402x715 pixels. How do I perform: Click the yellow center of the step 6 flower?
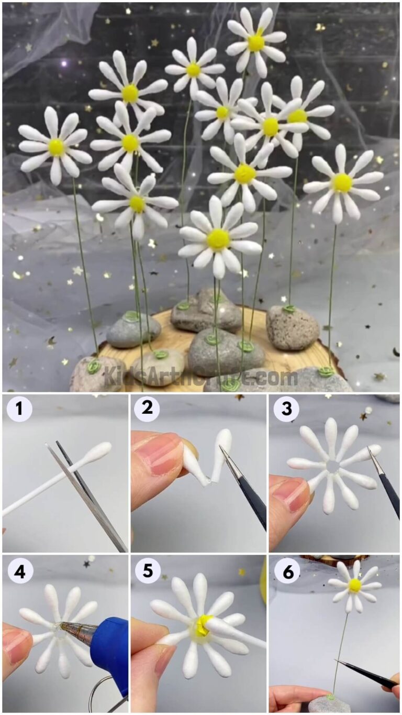(x=355, y=585)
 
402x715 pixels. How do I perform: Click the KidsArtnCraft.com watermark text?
(x=200, y=376)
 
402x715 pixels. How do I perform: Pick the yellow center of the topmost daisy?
(x=256, y=42)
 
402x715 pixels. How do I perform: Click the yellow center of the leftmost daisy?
(x=57, y=147)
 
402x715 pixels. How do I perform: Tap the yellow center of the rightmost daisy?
(x=342, y=183)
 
